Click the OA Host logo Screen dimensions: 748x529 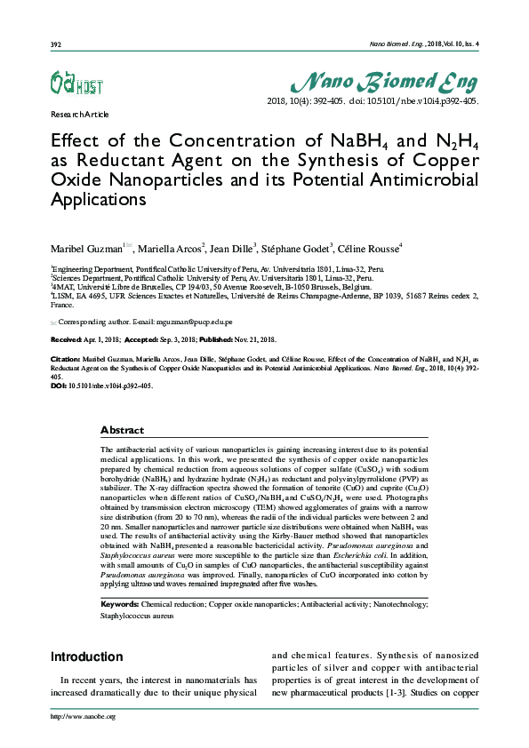[x=76, y=84]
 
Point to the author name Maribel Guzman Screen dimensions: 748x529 [x=85, y=248]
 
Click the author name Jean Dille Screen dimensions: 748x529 [x=233, y=248]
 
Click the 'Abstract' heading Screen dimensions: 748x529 [x=122, y=430]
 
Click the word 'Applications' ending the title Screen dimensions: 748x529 [x=99, y=199]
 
